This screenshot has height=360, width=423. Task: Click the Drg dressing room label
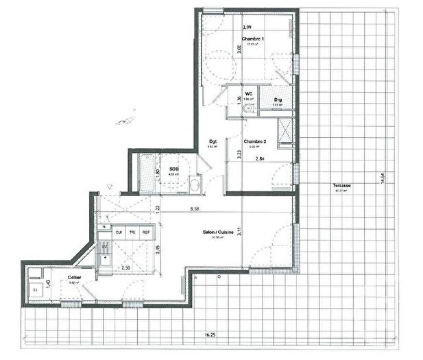(x=278, y=101)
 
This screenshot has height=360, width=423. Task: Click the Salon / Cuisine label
(x=218, y=232)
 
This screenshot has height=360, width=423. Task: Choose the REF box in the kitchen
(x=146, y=232)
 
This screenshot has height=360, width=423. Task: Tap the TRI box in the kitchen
(x=132, y=232)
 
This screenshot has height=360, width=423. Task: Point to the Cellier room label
(x=74, y=278)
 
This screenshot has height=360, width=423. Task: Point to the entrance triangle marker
(x=110, y=187)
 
